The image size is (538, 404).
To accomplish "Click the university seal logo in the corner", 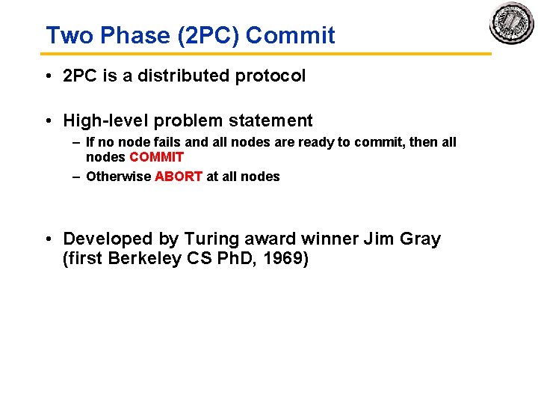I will (512, 23).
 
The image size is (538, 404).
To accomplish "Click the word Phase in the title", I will (121, 35).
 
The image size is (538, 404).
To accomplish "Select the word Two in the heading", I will (65, 35).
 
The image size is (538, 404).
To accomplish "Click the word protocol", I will (273, 76).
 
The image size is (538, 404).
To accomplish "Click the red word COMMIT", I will (156, 157).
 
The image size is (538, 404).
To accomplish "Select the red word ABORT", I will (178, 177).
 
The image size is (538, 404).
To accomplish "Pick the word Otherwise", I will (118, 177).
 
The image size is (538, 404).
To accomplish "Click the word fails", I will (166, 142).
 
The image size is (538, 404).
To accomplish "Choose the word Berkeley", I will (142, 260).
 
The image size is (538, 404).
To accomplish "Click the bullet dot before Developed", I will (48, 239).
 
